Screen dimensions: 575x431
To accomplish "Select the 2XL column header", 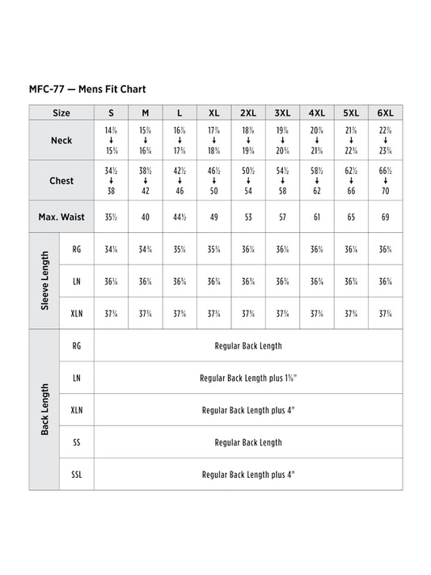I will [248, 113].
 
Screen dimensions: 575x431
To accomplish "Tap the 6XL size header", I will [385, 113].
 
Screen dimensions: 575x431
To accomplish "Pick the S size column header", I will [111, 113].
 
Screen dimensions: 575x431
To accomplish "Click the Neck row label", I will [61, 141].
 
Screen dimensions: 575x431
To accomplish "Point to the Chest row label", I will [61, 181].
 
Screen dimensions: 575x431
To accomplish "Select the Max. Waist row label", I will [61, 218].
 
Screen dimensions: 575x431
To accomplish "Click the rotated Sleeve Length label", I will [44, 281].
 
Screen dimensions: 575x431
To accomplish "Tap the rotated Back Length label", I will [44, 409].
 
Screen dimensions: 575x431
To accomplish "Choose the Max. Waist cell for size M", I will [146, 218].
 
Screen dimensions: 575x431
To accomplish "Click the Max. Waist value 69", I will [385, 218].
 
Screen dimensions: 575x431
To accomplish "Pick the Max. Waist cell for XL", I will [213, 218].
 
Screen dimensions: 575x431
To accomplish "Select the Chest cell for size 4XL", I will [316, 181].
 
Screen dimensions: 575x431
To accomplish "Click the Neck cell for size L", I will [180, 141].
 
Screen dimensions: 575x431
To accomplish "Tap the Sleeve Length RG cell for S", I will [111, 250].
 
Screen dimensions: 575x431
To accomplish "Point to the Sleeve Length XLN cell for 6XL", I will [385, 314].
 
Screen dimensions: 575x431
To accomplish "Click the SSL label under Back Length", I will [76, 475].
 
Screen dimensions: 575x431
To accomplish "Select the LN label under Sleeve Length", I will [76, 281].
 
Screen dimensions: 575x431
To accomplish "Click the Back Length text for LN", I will [248, 378].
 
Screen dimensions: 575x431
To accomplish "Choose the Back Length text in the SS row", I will [248, 442].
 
